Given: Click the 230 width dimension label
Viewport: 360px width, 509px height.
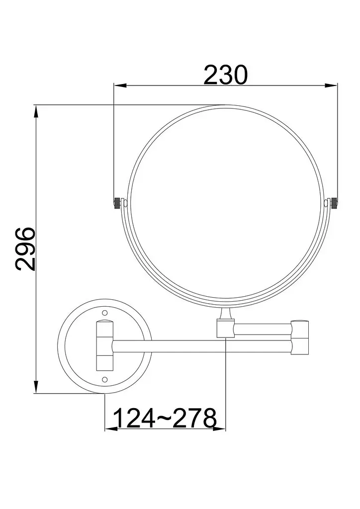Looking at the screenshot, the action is [226, 75].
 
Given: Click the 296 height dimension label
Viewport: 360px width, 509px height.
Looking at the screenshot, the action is [25, 249].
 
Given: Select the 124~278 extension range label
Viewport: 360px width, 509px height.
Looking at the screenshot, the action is [166, 418].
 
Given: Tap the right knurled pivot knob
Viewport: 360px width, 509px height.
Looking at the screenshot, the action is [334, 203].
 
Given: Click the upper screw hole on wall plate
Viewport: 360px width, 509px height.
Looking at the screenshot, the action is [104, 313].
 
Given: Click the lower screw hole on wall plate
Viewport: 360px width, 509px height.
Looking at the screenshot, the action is [104, 379].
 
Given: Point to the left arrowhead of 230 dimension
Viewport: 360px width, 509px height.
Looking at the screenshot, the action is [120, 85].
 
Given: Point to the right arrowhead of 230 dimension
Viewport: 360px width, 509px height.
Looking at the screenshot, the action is [331, 85].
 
